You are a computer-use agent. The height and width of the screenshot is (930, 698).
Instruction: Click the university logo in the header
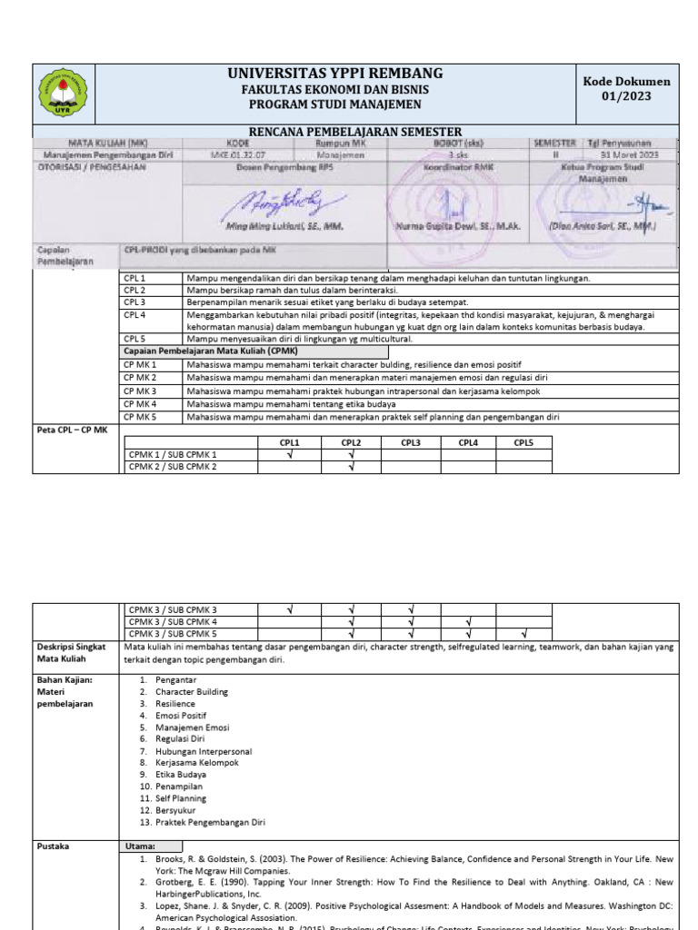pyautogui.click(x=63, y=94)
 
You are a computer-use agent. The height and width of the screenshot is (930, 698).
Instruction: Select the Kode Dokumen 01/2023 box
pyautogui.click(x=626, y=89)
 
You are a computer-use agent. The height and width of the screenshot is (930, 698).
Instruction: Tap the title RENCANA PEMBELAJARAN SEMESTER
pyautogui.click(x=356, y=132)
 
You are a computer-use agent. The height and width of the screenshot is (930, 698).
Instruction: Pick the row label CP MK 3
pyautogui.click(x=141, y=391)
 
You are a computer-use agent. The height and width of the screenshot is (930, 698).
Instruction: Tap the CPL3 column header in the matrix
pyautogui.click(x=411, y=442)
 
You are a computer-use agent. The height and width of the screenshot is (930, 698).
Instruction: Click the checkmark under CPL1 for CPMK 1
pyautogui.click(x=289, y=454)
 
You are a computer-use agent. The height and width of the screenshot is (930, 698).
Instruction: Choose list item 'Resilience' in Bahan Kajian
pyautogui.click(x=175, y=704)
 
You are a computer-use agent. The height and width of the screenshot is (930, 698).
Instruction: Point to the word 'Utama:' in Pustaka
pyautogui.click(x=140, y=846)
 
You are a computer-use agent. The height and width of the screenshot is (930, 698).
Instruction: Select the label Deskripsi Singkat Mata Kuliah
pyautogui.click(x=69, y=653)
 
